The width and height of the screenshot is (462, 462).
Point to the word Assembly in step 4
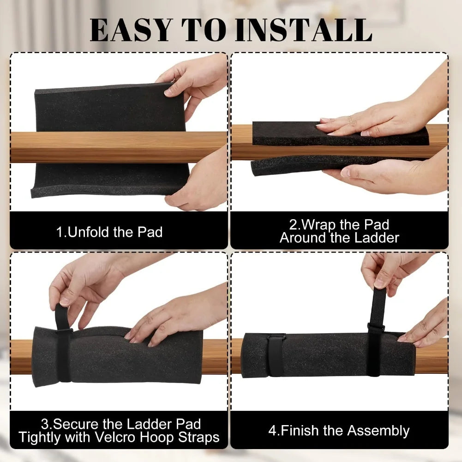[378, 431]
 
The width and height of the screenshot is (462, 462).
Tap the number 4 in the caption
[272, 431]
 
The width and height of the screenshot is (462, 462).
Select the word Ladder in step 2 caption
[377, 238]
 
